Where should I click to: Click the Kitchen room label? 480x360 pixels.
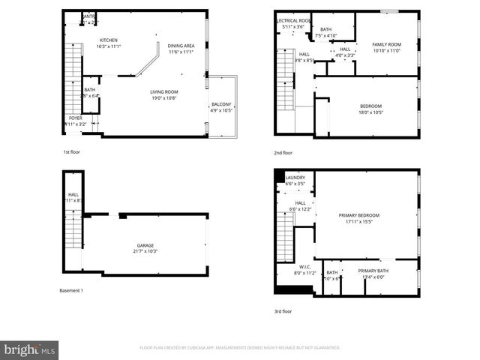pos(109,40)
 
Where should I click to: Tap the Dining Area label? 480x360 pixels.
pos(181,45)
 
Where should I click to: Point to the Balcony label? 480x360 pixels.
pos(221,104)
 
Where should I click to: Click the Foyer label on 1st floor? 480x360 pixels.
pos(76,118)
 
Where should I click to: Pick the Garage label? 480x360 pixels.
pos(145,245)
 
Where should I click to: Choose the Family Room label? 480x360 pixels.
pos(388,44)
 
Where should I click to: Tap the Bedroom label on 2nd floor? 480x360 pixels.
pos(371,106)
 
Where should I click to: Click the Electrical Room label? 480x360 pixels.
pos(293,20)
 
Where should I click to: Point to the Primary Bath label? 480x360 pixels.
pos(373,271)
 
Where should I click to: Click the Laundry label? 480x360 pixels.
pos(295,178)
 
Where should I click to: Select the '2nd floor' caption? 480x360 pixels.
pos(283,152)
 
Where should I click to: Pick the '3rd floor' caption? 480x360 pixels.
pos(283,310)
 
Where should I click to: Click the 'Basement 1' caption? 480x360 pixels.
pos(71,290)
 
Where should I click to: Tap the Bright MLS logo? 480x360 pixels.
pos(30,349)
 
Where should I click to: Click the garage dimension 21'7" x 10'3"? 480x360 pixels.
pos(145,250)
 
